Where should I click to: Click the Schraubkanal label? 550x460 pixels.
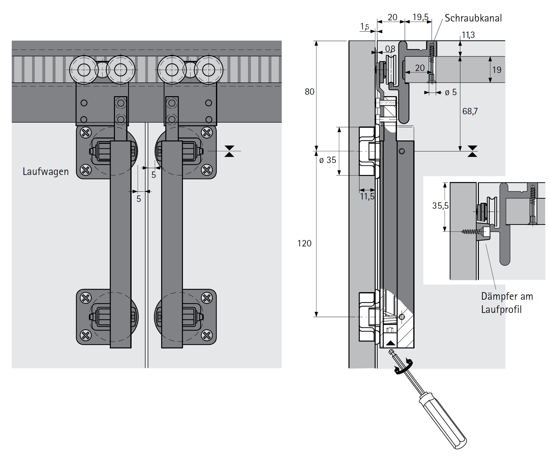(x=473, y=18)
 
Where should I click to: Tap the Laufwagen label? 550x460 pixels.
(x=45, y=172)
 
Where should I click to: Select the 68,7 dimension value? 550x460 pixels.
(x=470, y=111)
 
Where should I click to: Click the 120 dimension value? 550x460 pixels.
(x=304, y=243)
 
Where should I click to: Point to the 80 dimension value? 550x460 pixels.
(x=309, y=92)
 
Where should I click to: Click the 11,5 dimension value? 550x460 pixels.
(x=367, y=196)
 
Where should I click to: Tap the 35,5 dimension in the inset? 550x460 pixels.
(x=440, y=206)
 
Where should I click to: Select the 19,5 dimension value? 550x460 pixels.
(x=421, y=17)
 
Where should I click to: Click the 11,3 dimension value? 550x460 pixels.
(x=468, y=35)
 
